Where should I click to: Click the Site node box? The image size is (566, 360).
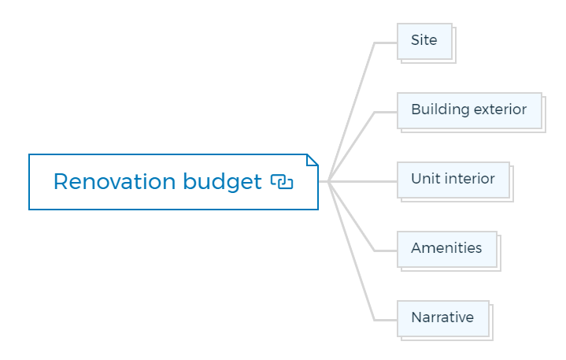[x=425, y=42]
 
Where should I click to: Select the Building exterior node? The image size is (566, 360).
[x=470, y=111]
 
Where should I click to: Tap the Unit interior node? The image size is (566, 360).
[x=453, y=180]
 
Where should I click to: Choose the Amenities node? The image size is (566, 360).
[x=447, y=250]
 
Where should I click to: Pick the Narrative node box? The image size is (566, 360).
[x=443, y=319]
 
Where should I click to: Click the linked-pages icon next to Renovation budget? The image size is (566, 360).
[x=282, y=182]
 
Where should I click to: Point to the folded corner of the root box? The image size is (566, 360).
[x=313, y=160]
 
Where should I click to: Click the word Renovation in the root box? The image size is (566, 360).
[x=115, y=181]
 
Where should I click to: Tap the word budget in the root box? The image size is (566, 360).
[x=222, y=182]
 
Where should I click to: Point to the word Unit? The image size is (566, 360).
[x=425, y=178]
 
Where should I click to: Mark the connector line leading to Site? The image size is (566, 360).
[x=352, y=112]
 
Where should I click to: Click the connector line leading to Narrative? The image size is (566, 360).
[x=352, y=251]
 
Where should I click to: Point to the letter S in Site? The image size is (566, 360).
[x=416, y=39]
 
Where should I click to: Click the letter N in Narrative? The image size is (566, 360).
[x=417, y=317]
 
